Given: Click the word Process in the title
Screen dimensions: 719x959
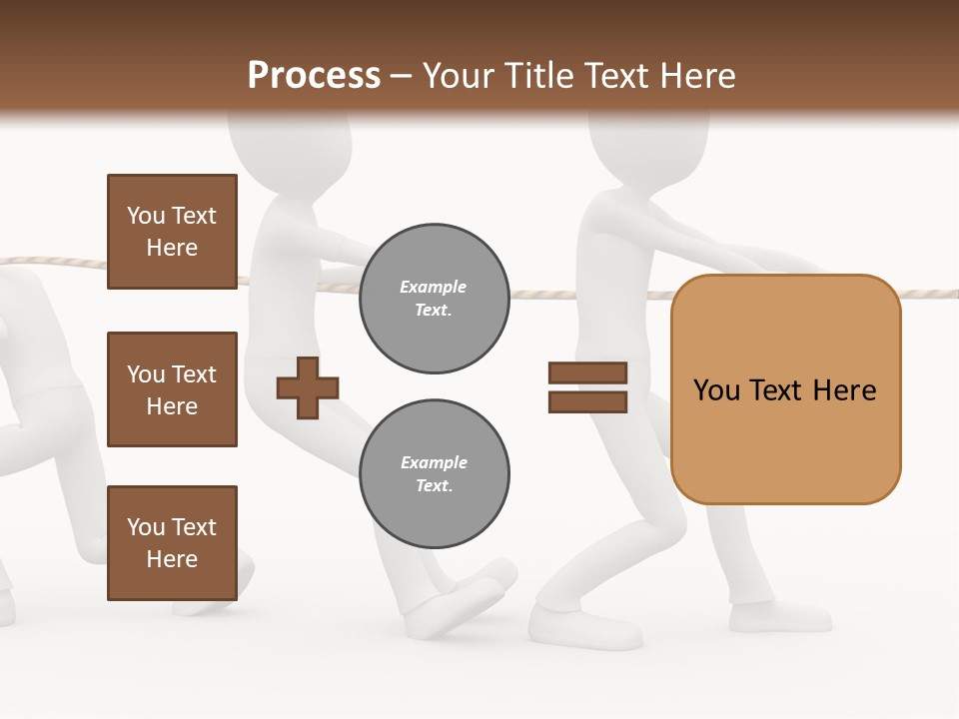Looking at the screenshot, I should coord(314,76).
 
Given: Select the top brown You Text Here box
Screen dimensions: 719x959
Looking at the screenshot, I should coord(172,232).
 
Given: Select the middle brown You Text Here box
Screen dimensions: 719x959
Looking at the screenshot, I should coord(172,389).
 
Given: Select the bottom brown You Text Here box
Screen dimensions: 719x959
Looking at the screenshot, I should coord(172,543).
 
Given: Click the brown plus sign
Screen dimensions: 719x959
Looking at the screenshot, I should coord(307,387).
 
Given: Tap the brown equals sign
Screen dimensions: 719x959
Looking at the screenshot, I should coord(587,387).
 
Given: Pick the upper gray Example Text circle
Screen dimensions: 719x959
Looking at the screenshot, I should coord(434,299).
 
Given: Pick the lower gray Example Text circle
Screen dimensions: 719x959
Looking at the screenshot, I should coord(434,474).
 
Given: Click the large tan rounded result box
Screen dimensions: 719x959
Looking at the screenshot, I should coord(785,389).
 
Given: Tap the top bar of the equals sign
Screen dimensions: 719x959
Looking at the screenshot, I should coord(587,373).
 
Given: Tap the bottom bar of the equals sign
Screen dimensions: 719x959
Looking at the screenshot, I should coord(587,402).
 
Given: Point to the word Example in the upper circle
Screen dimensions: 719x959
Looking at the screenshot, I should coord(434,288).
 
